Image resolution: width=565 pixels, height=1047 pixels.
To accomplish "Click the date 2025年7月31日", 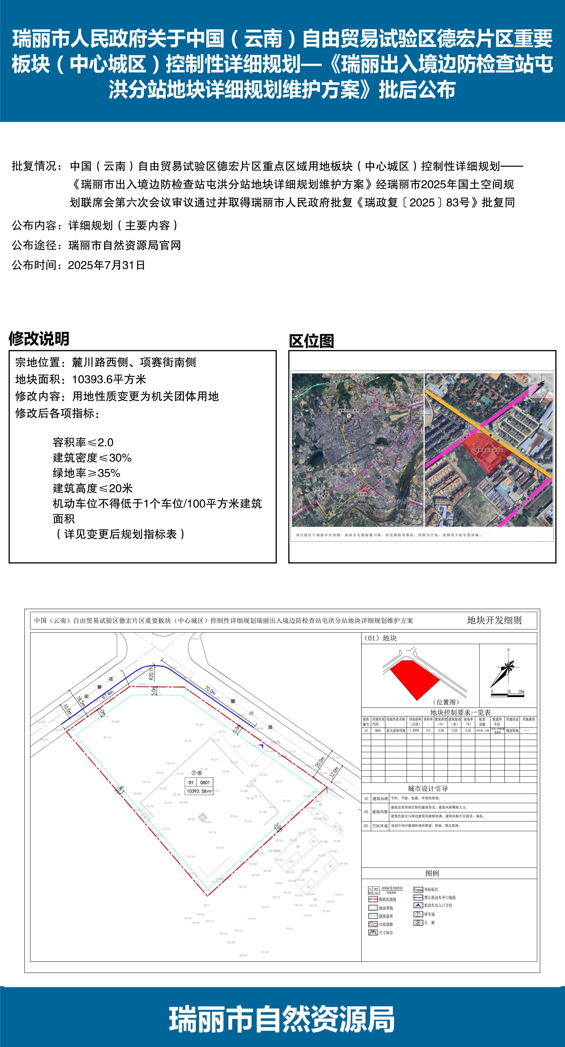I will (106, 265).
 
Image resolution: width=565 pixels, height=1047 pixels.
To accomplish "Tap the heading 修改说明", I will (39, 339).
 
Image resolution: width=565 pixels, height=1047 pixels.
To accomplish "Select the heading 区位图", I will (311, 341).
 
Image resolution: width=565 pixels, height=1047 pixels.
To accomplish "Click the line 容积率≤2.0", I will (83, 442).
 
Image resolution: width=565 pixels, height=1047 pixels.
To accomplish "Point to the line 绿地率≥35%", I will (86, 473).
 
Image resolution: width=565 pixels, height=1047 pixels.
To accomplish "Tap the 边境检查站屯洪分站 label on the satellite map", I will (487, 450).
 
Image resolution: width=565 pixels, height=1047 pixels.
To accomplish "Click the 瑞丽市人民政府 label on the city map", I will (349, 411).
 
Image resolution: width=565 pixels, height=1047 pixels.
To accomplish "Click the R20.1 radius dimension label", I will (151, 673).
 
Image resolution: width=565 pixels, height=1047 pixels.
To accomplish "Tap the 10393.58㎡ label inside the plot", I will (199, 791).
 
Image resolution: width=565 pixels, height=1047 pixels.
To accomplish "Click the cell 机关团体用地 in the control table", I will (395, 730).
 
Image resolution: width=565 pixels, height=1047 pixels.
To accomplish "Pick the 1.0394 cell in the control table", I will (415, 730).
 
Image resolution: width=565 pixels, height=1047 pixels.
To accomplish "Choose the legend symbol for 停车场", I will (418, 914).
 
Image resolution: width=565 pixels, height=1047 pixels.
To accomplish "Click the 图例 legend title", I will (432, 873).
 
